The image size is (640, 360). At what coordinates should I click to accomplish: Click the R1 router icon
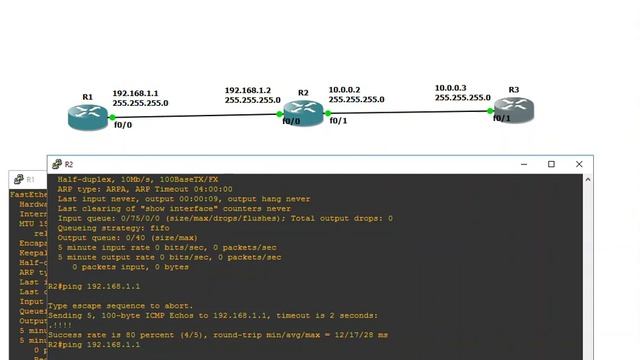[x=87, y=116]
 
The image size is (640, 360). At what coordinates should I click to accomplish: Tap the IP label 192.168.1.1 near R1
[x=135, y=92]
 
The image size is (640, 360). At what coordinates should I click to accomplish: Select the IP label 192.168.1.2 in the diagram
[x=247, y=89]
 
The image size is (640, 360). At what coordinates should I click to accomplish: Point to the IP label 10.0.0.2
[x=344, y=89]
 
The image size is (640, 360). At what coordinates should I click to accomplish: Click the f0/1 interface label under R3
[x=501, y=118]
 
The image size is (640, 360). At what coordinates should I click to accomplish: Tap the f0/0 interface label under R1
[x=122, y=126]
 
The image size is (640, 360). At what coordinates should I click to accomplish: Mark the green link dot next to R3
[x=491, y=112]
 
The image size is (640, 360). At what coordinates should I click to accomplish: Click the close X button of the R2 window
[x=579, y=164]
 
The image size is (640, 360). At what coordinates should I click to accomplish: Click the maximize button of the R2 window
[x=551, y=164]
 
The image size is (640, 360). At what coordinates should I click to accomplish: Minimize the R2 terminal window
[x=523, y=164]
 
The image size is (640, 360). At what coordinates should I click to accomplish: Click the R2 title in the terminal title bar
[x=69, y=164]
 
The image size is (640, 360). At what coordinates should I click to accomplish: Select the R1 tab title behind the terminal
[x=30, y=179]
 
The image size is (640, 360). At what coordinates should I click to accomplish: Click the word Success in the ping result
[x=66, y=334]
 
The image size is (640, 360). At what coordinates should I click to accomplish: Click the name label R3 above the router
[x=514, y=90]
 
